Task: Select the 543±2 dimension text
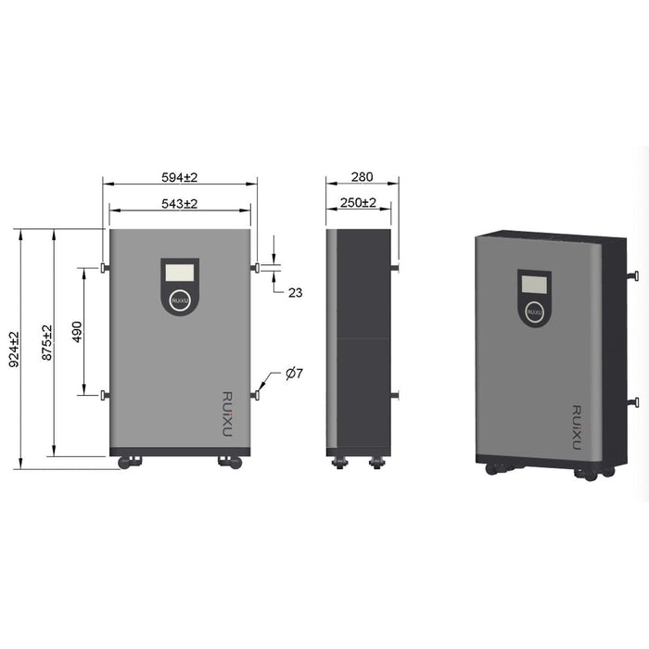click(x=180, y=202)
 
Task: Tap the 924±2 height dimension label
click(x=13, y=350)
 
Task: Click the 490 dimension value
click(x=77, y=332)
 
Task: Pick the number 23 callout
click(x=295, y=292)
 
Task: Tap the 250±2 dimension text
click(x=358, y=202)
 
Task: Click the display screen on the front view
click(x=180, y=273)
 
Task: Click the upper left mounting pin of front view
click(x=104, y=268)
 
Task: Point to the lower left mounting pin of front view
click(x=104, y=396)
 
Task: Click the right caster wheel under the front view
click(x=229, y=462)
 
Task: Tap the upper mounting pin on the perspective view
click(x=633, y=275)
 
